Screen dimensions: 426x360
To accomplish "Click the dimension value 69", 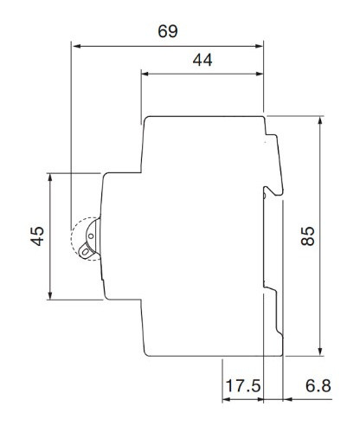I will tap(168, 31).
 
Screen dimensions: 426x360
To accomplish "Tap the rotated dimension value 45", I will tap(36, 237).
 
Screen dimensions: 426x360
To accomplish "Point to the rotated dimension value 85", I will tap(307, 236).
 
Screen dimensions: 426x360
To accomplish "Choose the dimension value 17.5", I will tap(243, 385).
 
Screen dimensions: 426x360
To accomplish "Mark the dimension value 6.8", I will tap(318, 385).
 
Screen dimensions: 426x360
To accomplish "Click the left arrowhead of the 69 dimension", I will tap(76, 47).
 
